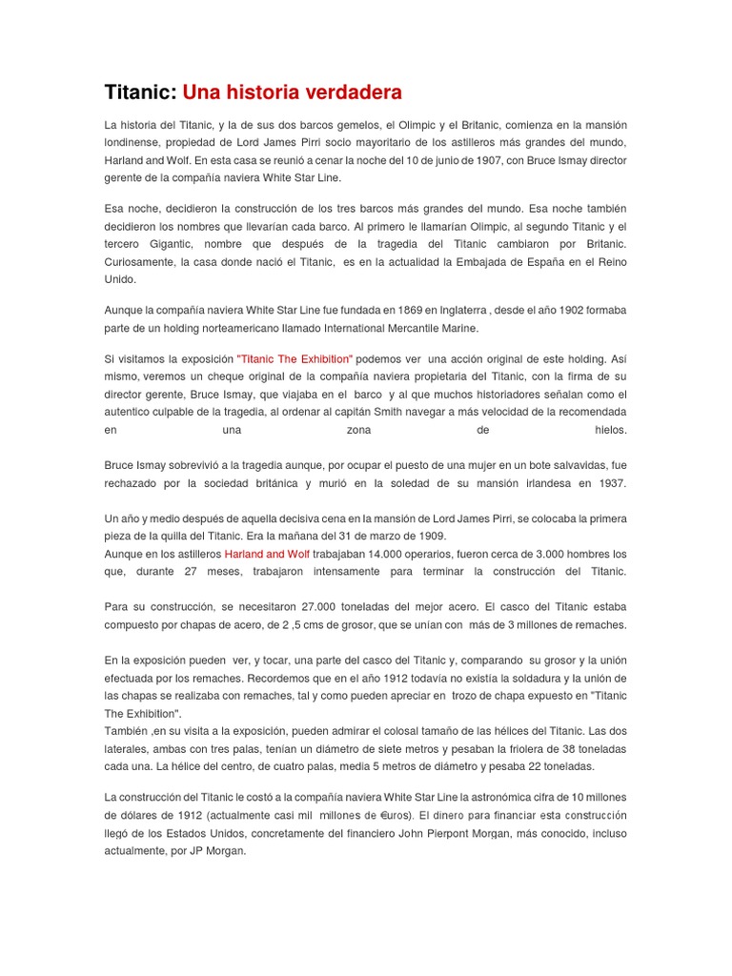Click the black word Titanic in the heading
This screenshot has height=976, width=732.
(x=139, y=92)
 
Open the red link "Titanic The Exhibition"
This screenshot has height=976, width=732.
(x=295, y=359)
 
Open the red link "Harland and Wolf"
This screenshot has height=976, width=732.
(x=268, y=554)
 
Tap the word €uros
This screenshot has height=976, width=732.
(x=389, y=816)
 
